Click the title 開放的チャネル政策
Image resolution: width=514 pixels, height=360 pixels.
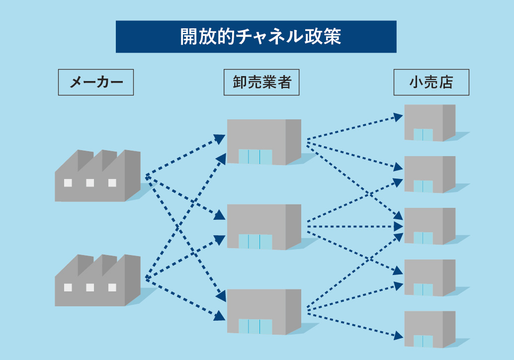pyautogui.click(x=256, y=37)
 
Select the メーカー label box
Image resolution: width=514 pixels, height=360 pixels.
pyautogui.click(x=96, y=82)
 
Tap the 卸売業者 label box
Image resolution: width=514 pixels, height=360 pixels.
pyautogui.click(x=261, y=82)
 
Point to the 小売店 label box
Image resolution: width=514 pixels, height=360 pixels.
pyautogui.click(x=431, y=82)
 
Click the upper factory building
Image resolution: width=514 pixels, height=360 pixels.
pyautogui.click(x=97, y=178)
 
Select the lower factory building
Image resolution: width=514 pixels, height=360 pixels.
pyautogui.click(x=97, y=282)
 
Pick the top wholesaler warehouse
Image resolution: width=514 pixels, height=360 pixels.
pyautogui.click(x=263, y=142)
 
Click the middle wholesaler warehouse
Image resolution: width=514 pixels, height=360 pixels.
pyautogui.click(x=263, y=227)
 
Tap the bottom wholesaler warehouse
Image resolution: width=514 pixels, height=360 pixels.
pyautogui.click(x=263, y=311)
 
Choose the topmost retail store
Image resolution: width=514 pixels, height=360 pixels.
pyautogui.click(x=429, y=122)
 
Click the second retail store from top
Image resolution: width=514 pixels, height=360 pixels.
pyautogui.click(x=429, y=174)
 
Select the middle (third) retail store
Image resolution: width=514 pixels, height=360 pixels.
pyautogui.click(x=429, y=226)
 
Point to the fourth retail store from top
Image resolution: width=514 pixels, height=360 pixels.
pyautogui.click(x=429, y=277)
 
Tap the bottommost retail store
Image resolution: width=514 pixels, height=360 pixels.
pyautogui.click(x=429, y=329)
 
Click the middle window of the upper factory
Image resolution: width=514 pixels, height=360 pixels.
pyautogui.click(x=90, y=182)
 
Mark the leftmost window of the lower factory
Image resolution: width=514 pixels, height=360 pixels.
pyautogui.click(x=68, y=287)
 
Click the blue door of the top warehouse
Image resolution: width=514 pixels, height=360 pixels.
pyautogui.click(x=255, y=157)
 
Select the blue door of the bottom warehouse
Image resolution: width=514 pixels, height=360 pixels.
pyautogui.click(x=255, y=326)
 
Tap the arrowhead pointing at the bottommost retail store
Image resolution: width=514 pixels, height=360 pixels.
pyautogui.click(x=398, y=337)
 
